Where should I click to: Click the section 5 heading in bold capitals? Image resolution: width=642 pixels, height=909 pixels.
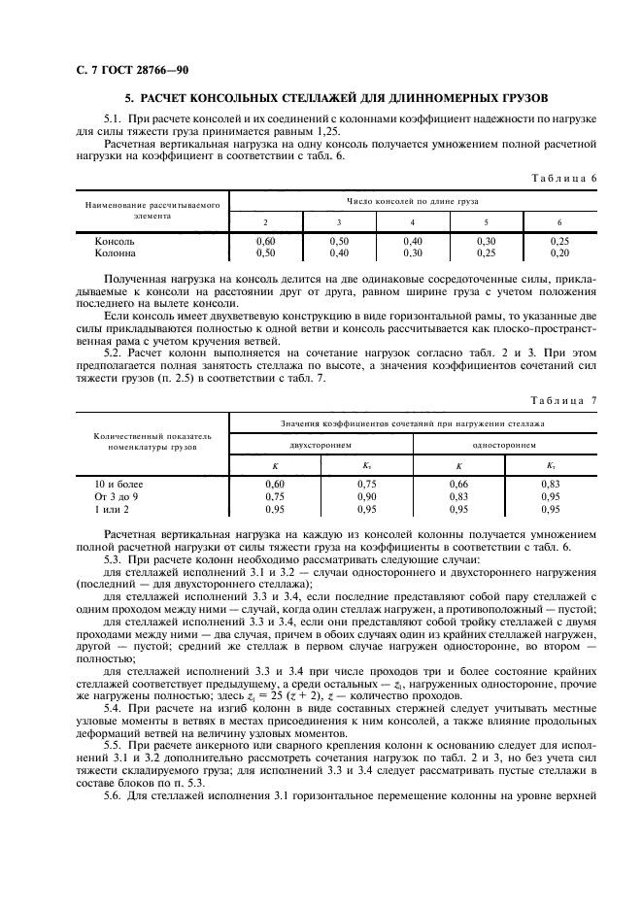[x=337, y=98]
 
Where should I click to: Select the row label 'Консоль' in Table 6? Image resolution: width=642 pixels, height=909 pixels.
[x=115, y=241]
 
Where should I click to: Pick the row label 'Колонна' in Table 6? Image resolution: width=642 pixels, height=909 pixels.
[x=116, y=252]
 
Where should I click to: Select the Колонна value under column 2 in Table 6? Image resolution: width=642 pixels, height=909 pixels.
[x=264, y=252]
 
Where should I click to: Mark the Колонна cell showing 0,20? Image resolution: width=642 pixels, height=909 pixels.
[x=559, y=252]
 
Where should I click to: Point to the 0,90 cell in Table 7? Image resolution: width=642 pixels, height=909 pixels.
[x=366, y=495]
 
